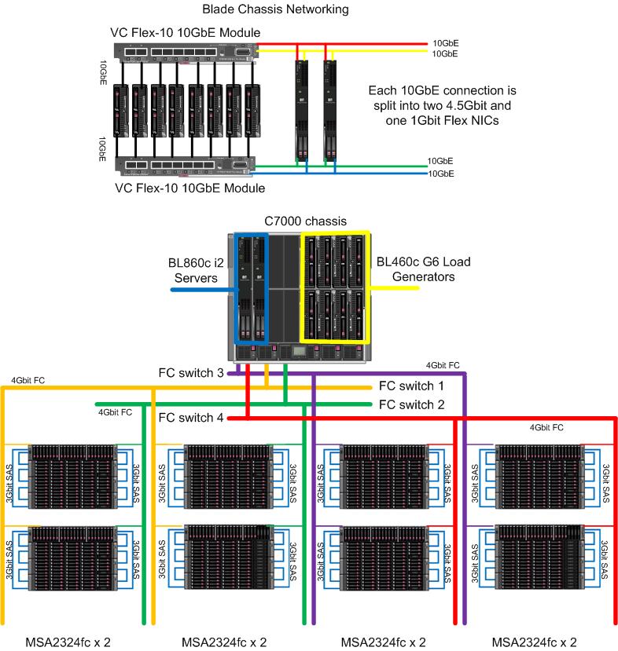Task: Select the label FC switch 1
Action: [x=411, y=386]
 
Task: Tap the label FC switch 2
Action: [x=411, y=404]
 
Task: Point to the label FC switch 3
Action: [x=191, y=373]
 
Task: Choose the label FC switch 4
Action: [x=191, y=418]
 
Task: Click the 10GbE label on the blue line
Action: [x=440, y=173]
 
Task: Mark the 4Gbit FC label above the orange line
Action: [x=28, y=380]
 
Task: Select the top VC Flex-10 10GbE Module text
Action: [x=186, y=32]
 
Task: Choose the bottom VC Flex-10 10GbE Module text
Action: [x=189, y=188]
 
